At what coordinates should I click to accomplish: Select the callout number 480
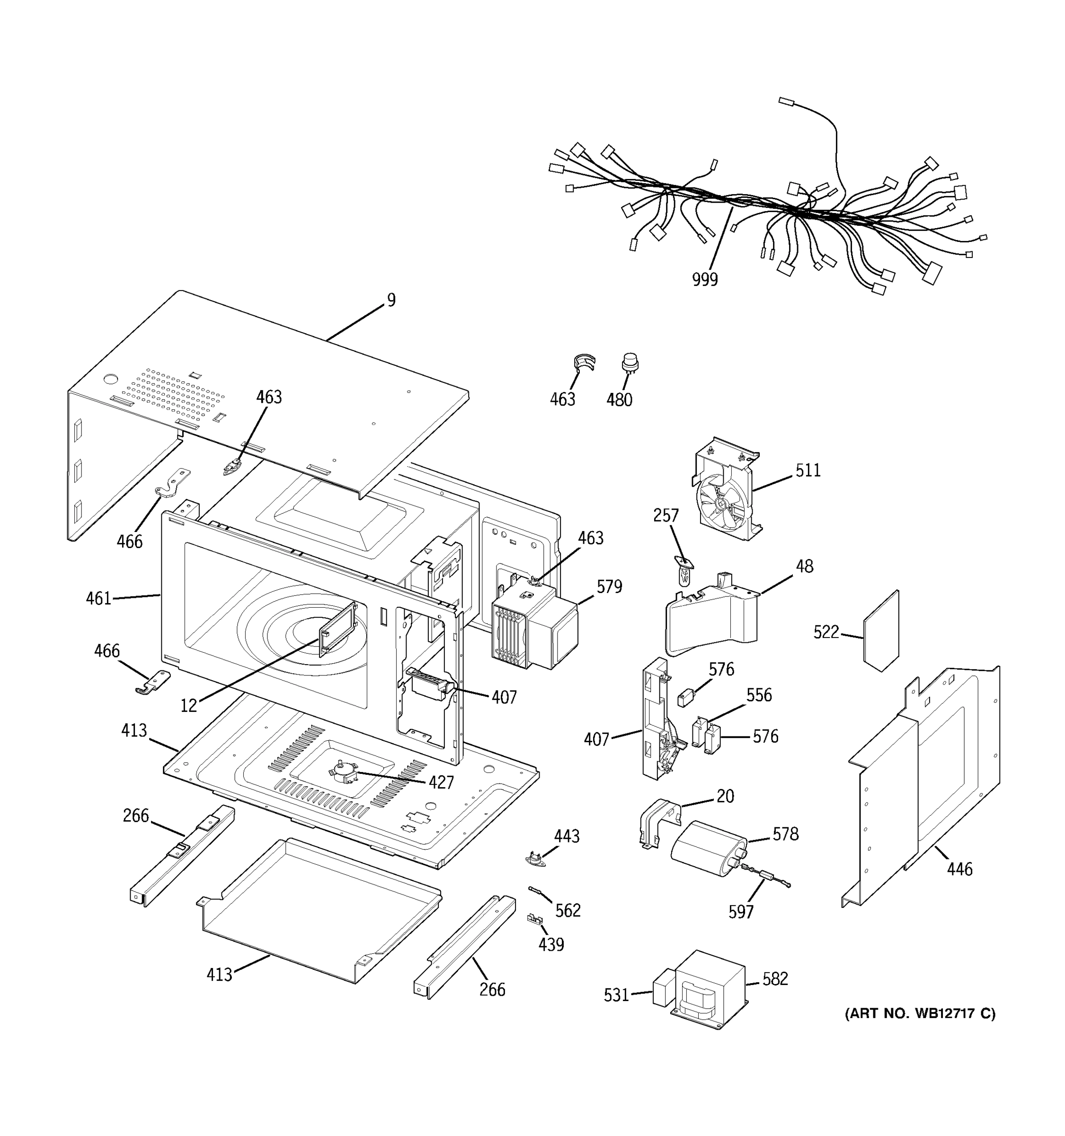(619, 399)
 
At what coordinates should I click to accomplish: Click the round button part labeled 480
(630, 362)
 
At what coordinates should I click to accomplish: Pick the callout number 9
(391, 300)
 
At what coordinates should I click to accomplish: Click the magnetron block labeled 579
(534, 628)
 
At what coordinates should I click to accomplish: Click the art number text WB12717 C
(920, 1014)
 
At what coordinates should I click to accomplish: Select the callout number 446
(959, 869)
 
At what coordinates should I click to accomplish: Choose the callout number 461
(98, 598)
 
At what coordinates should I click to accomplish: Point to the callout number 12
(188, 706)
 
